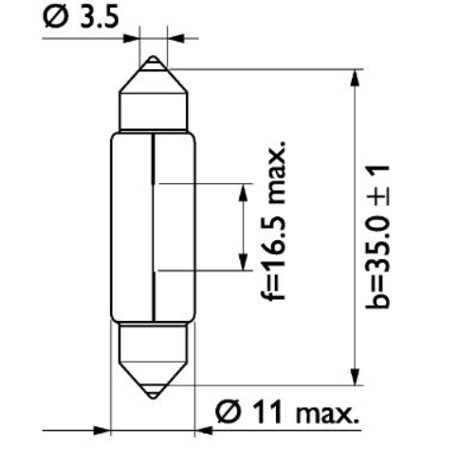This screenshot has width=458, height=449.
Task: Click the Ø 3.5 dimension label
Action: (83, 17)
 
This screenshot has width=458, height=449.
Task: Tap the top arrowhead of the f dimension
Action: (236, 190)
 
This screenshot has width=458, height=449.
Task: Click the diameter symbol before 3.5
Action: (56, 17)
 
